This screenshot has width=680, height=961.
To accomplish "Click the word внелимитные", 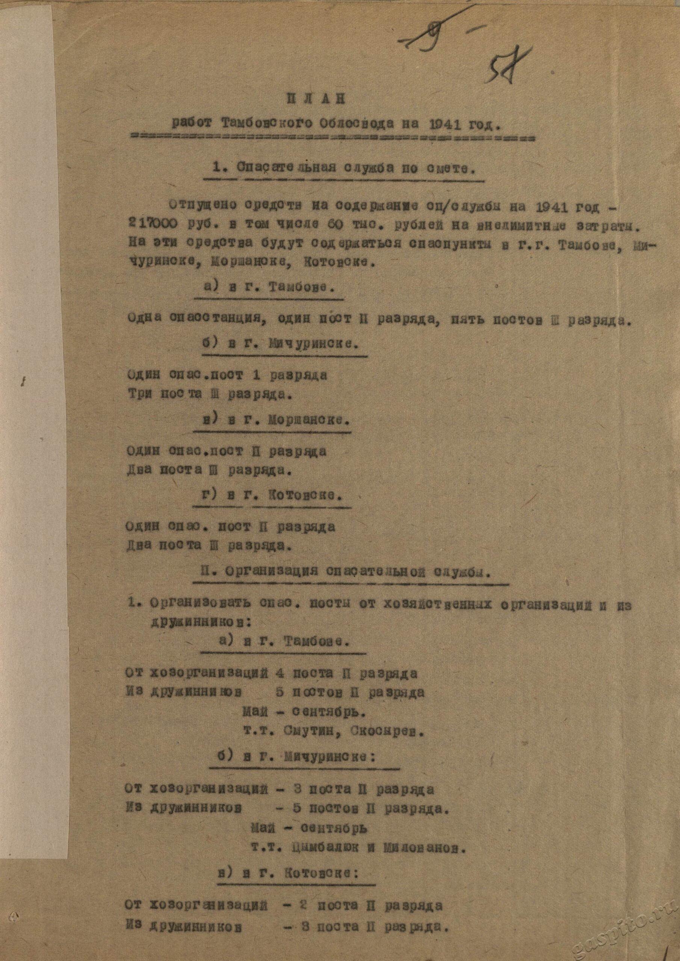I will click(519, 227).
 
